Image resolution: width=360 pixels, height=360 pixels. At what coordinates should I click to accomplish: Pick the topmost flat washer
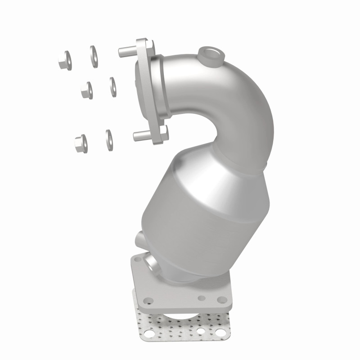pyautogui.click(x=94, y=56)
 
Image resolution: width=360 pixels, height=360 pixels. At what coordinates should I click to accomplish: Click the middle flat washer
pyautogui.click(x=112, y=86)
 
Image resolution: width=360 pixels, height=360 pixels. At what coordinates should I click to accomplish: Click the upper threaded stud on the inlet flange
pyautogui.click(x=126, y=50)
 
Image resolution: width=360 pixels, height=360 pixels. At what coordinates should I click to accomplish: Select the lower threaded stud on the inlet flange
pyautogui.click(x=140, y=135)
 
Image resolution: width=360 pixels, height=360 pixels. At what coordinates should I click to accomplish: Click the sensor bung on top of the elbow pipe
pyautogui.click(x=211, y=56)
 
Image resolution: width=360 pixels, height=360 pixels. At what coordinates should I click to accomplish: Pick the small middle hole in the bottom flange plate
pyautogui.click(x=202, y=297)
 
